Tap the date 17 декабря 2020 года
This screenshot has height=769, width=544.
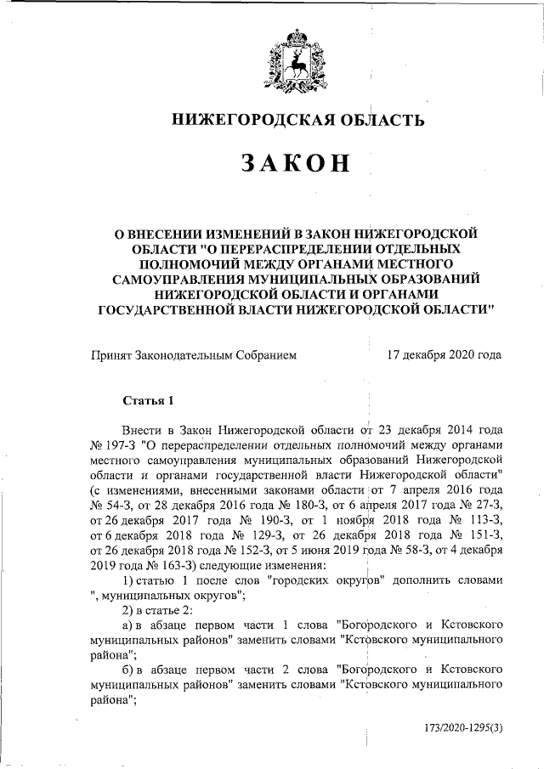pos(443,355)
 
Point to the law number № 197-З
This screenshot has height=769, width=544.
pos(114,444)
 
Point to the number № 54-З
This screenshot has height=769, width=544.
pos(111,506)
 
